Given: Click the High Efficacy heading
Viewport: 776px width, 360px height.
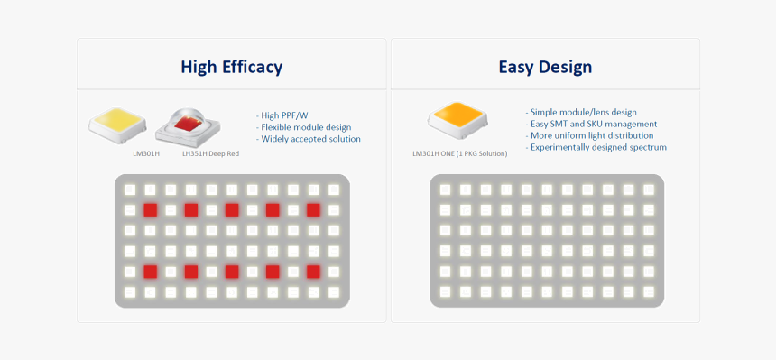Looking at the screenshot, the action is pyautogui.click(x=232, y=67).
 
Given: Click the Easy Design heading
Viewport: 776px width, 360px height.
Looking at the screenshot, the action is pyautogui.click(x=545, y=67).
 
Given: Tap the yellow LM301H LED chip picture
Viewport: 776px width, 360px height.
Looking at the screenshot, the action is pyautogui.click(x=117, y=125).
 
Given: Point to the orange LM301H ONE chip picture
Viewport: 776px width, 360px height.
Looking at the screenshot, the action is pyautogui.click(x=457, y=121).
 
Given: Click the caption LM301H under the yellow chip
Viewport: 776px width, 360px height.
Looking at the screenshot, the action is pyautogui.click(x=146, y=154).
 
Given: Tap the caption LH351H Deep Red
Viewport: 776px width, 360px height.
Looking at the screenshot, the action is pyautogui.click(x=210, y=154).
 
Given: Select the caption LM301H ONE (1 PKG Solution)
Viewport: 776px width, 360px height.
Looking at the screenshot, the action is pyautogui.click(x=460, y=154).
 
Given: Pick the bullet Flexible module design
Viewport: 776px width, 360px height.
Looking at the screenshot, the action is pyautogui.click(x=303, y=127).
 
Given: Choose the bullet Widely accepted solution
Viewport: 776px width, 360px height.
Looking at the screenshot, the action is pyautogui.click(x=309, y=139).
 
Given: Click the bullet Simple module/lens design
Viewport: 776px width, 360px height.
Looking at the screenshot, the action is pyautogui.click(x=581, y=113).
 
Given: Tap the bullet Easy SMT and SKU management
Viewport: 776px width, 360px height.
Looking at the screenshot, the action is pyautogui.click(x=591, y=124).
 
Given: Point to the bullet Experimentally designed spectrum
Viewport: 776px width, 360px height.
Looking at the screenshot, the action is pyautogui.click(x=596, y=148).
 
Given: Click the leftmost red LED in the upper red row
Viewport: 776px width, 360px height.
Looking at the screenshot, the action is pyautogui.click(x=151, y=210).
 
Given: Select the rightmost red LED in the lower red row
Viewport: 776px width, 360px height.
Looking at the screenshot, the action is pyautogui.click(x=313, y=272).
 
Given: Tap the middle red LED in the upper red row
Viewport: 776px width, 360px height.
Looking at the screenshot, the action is pyautogui.click(x=232, y=210).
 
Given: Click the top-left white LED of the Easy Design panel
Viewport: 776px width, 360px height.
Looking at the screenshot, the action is pyautogui.click(x=445, y=189).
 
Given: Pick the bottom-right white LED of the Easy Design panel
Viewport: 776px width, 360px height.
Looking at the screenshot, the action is pyautogui.click(x=648, y=291).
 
